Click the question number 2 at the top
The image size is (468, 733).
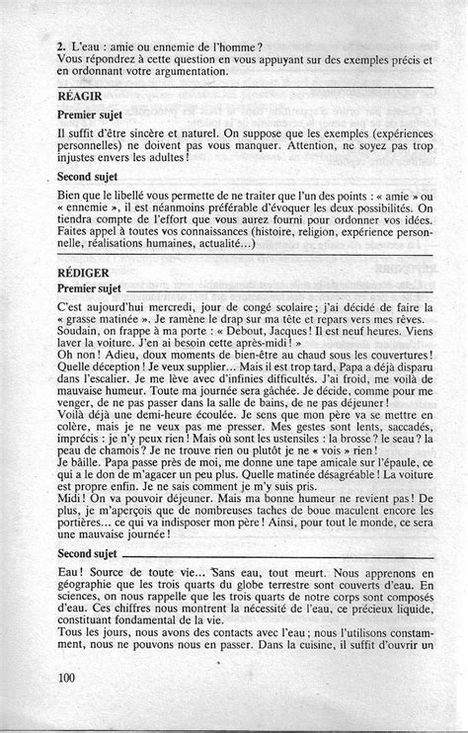coord(60,45)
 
